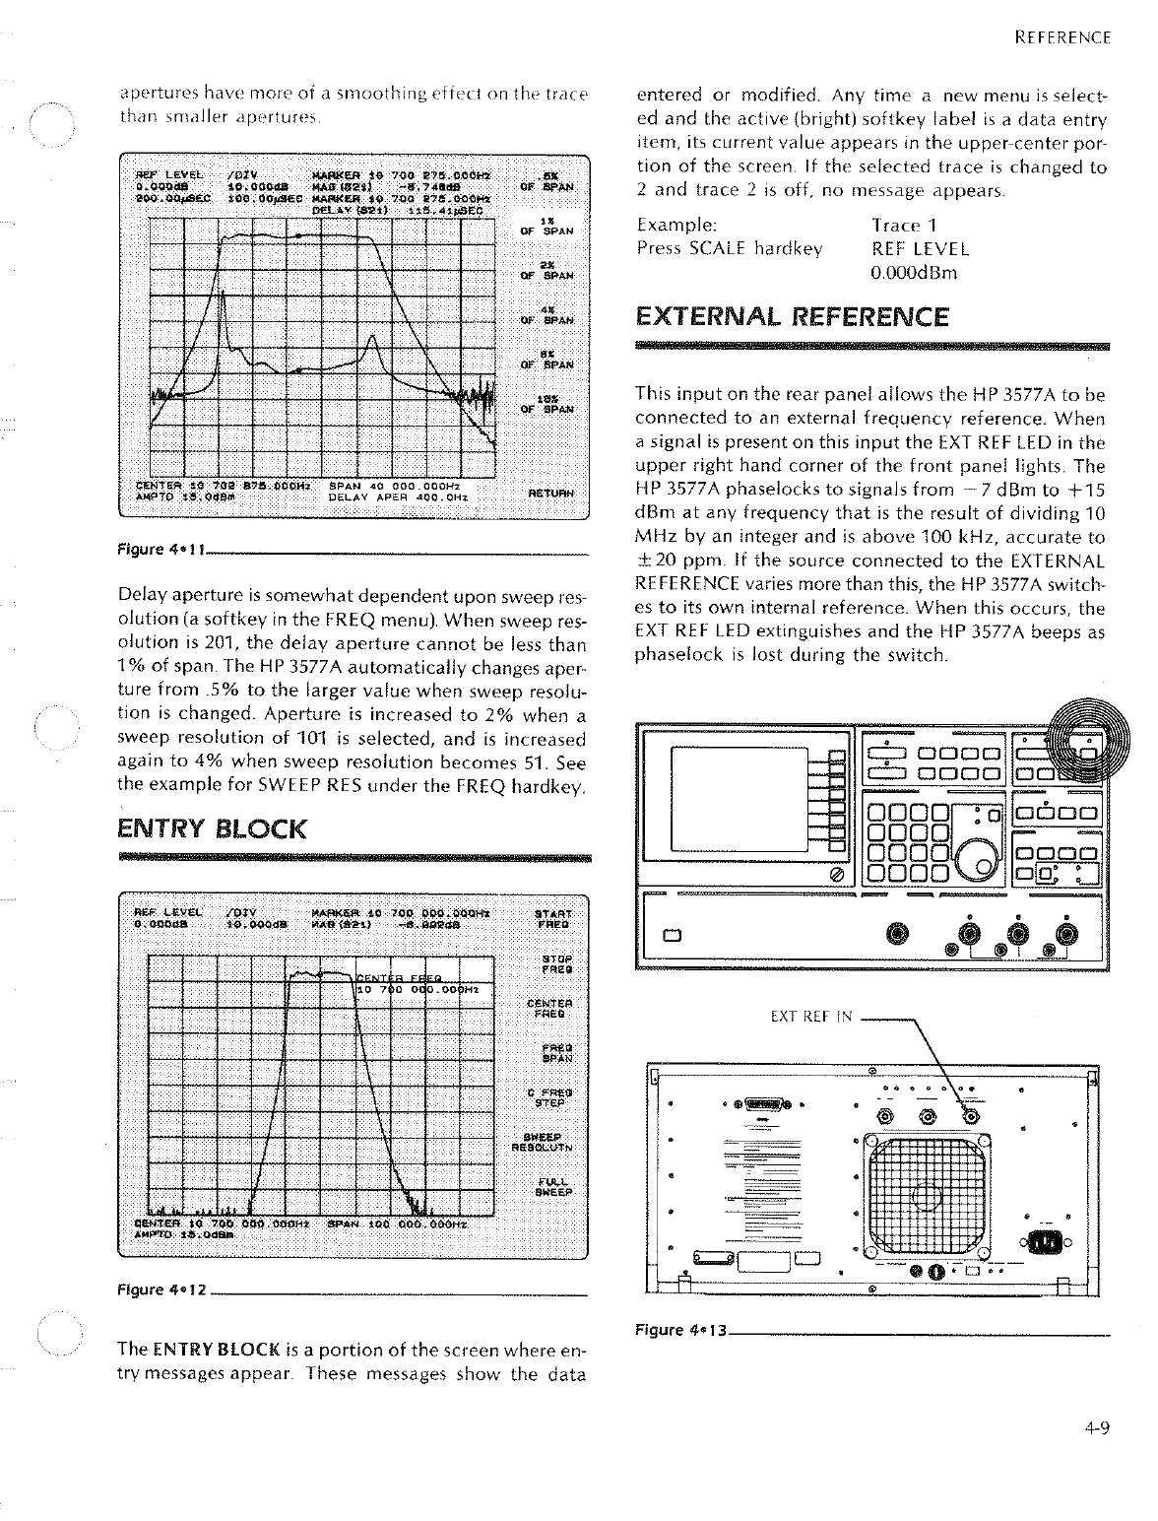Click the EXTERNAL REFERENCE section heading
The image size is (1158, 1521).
792,317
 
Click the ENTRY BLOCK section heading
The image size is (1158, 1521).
211,828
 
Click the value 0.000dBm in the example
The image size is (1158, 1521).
914,273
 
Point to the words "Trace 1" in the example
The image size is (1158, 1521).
905,226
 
